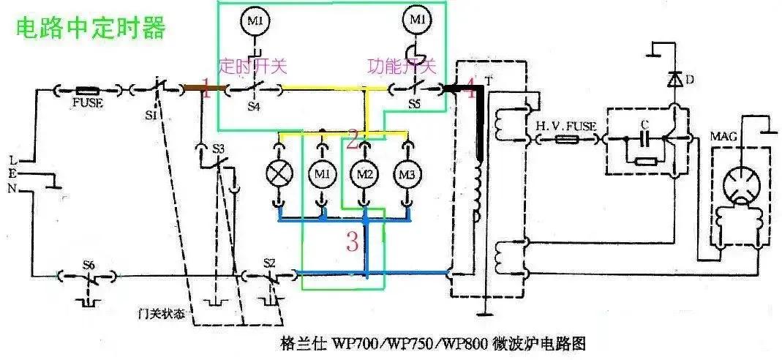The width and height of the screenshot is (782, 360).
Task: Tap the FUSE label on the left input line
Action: tap(87, 103)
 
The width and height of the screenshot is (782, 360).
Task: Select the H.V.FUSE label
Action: tap(566, 126)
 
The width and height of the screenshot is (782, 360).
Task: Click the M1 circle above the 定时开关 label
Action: tap(255, 21)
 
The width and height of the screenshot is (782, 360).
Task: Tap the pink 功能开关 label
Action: tap(402, 67)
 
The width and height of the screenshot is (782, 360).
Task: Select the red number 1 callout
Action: tap(206, 91)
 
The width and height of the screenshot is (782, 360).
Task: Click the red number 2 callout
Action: tap(353, 138)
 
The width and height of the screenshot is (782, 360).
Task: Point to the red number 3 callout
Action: tap(352, 242)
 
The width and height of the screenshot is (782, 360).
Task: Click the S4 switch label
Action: tap(253, 105)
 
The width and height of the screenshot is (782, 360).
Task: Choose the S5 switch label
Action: tap(415, 105)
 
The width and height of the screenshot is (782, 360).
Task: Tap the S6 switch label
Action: tap(89, 263)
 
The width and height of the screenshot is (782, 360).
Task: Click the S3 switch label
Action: tap(218, 149)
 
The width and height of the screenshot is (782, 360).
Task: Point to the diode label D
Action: tap(690, 78)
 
